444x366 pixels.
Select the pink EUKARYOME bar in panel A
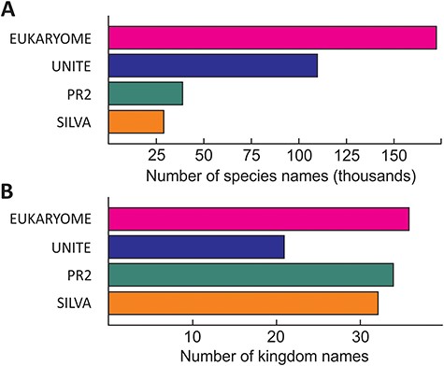(273, 37)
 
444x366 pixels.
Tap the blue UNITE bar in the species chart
(213, 65)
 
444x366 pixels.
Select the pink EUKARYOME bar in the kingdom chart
(259, 218)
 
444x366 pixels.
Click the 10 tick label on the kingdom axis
(193, 334)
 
